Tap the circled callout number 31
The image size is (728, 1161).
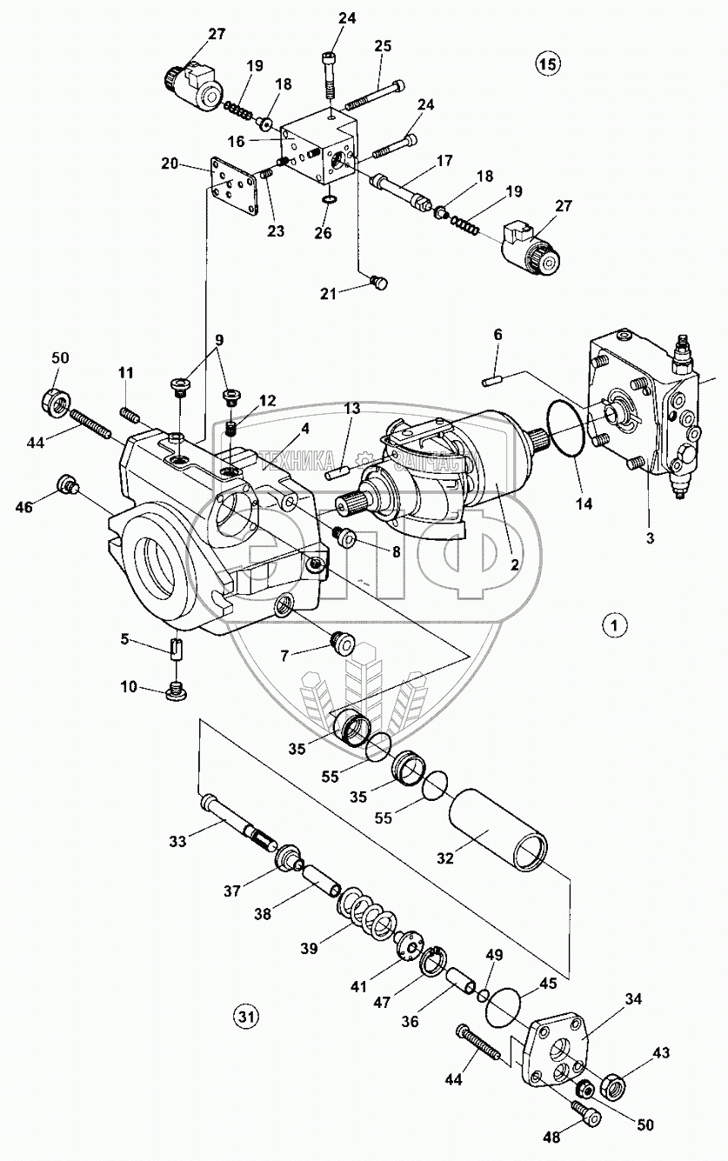coord(246,1015)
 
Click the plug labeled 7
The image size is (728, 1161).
coord(344,644)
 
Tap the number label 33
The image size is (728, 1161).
coord(177,840)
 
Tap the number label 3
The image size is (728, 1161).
coord(649,538)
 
